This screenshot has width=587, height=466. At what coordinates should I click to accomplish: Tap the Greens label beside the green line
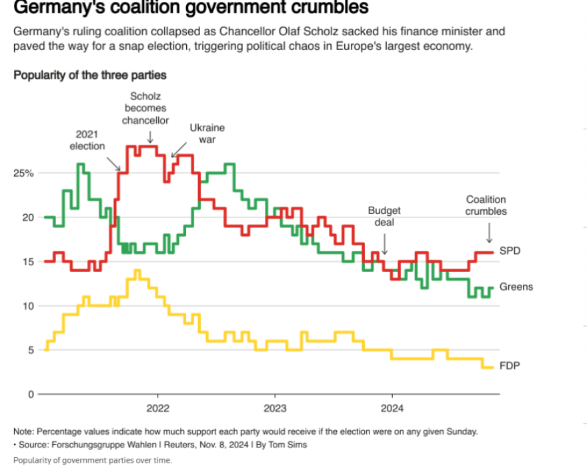(516, 287)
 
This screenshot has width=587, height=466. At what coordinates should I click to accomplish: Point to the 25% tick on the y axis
(24, 173)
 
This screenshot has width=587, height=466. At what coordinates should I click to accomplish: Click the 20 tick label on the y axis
(27, 217)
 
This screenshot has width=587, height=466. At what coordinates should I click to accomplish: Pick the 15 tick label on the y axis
(27, 262)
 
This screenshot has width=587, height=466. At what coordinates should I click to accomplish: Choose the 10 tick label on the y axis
(27, 306)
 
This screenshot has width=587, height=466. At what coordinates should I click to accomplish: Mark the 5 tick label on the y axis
(30, 350)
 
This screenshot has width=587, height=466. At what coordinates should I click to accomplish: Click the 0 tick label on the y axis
(30, 394)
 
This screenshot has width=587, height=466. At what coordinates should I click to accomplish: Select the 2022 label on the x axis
(158, 407)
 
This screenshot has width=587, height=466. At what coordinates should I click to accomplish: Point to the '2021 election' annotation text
(87, 140)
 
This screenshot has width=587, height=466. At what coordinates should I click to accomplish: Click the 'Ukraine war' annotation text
(207, 133)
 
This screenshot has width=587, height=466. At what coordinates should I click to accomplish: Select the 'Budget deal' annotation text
(384, 216)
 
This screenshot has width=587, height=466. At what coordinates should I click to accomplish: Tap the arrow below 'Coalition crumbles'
(489, 232)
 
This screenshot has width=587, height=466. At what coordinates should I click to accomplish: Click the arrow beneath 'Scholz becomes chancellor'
(149, 137)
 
